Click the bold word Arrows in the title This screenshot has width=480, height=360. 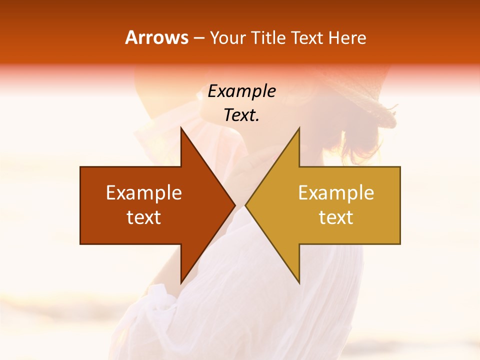tap(157, 37)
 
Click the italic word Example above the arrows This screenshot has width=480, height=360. tap(241, 91)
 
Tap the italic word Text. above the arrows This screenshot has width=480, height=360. tap(241, 115)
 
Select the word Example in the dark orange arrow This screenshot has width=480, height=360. tap(144, 193)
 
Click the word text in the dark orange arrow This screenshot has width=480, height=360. tap(144, 217)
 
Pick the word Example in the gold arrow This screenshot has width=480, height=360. tap(336, 193)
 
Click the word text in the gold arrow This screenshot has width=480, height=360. tap(336, 217)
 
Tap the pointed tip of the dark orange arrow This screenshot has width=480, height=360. tap(235, 205)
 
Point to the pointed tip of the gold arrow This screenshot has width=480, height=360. tap(245, 205)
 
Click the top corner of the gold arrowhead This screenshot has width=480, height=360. tap(299, 128)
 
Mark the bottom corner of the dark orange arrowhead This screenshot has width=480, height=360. tap(181, 283)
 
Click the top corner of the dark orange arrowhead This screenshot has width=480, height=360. tap(181, 128)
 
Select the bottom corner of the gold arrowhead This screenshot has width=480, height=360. tap(299, 283)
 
